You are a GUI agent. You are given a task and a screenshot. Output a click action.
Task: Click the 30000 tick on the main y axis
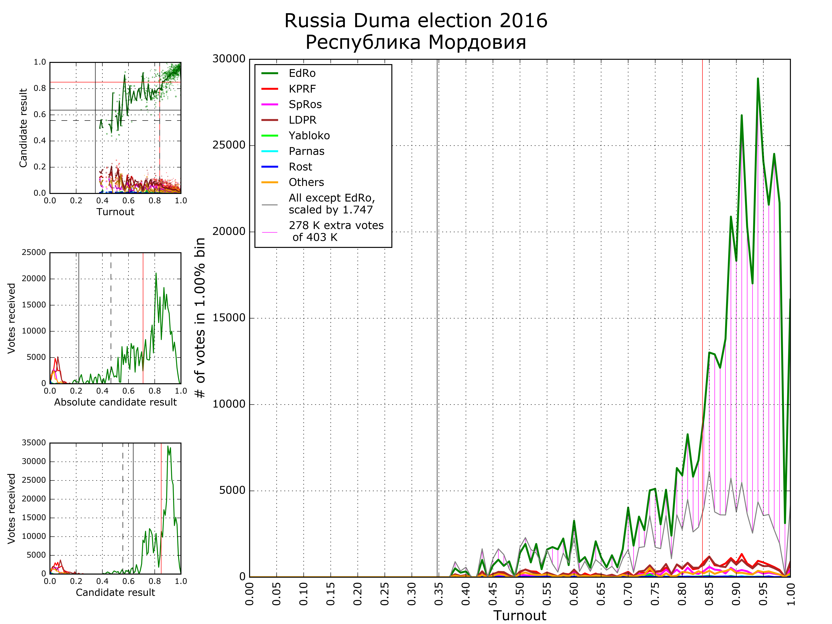click(x=229, y=59)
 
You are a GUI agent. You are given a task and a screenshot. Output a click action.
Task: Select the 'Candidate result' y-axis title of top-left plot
click(x=23, y=128)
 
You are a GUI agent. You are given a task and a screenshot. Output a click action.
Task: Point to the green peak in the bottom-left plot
click(x=168, y=447)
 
